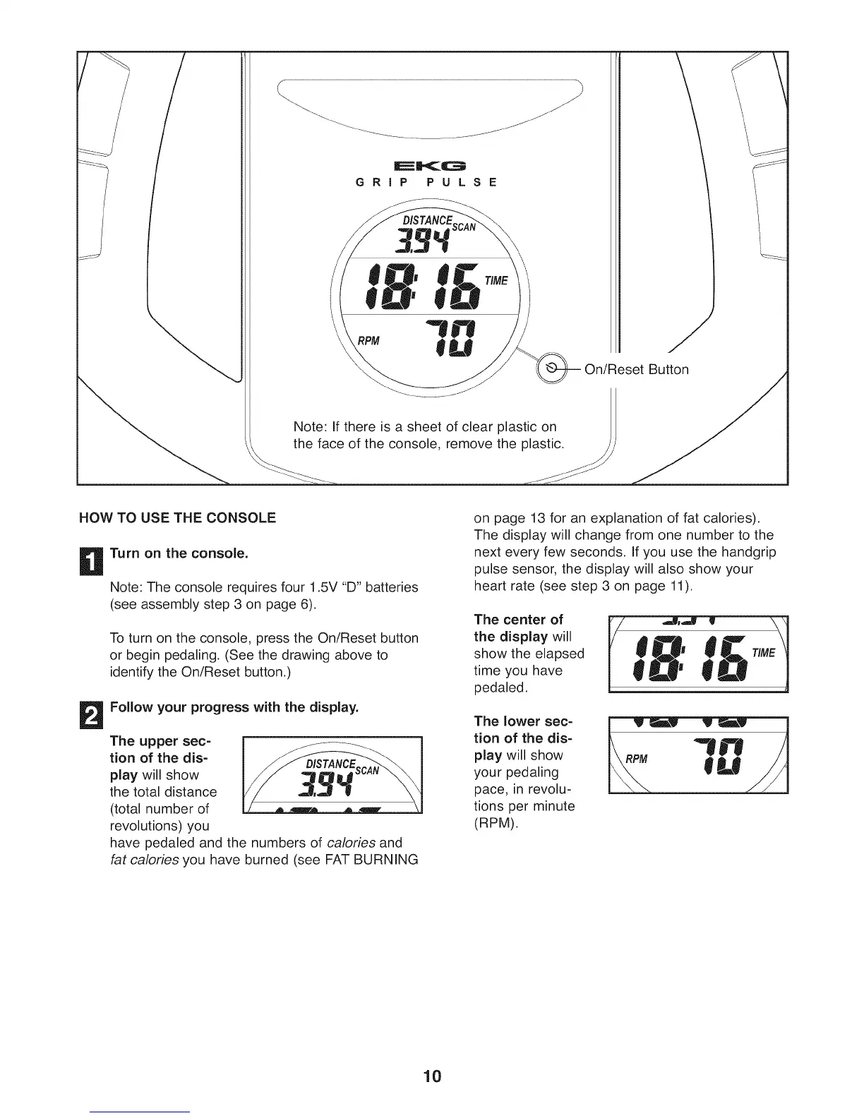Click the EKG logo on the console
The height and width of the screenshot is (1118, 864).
[428, 166]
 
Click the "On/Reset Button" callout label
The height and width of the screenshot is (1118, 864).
[636, 370]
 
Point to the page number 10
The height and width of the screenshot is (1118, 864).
[431, 1076]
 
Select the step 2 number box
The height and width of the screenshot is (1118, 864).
[93, 714]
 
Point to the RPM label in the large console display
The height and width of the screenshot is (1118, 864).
[368, 342]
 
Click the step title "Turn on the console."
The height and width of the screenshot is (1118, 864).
[179, 553]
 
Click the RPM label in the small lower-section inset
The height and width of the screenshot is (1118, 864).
[637, 759]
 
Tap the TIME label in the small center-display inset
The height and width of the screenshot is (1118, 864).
[763, 653]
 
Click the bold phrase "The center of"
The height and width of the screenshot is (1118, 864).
[519, 620]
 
